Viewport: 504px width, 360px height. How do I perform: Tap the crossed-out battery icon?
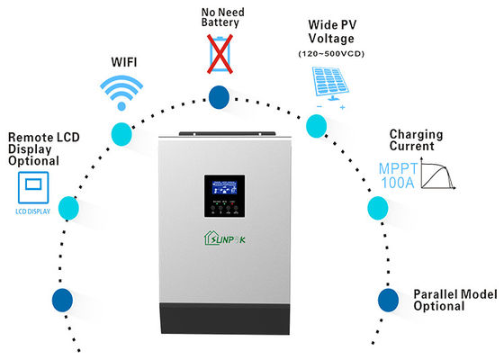[x=218, y=53]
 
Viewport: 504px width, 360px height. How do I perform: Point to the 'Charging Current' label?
[x=418, y=141]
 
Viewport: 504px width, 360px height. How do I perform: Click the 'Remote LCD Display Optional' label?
[x=33, y=149]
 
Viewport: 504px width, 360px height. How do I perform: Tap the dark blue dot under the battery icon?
[x=218, y=97]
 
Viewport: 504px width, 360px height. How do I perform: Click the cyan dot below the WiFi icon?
[x=121, y=134]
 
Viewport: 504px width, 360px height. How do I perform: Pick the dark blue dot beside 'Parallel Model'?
[x=387, y=299]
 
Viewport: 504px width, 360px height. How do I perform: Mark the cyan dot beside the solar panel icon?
[x=315, y=127]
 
